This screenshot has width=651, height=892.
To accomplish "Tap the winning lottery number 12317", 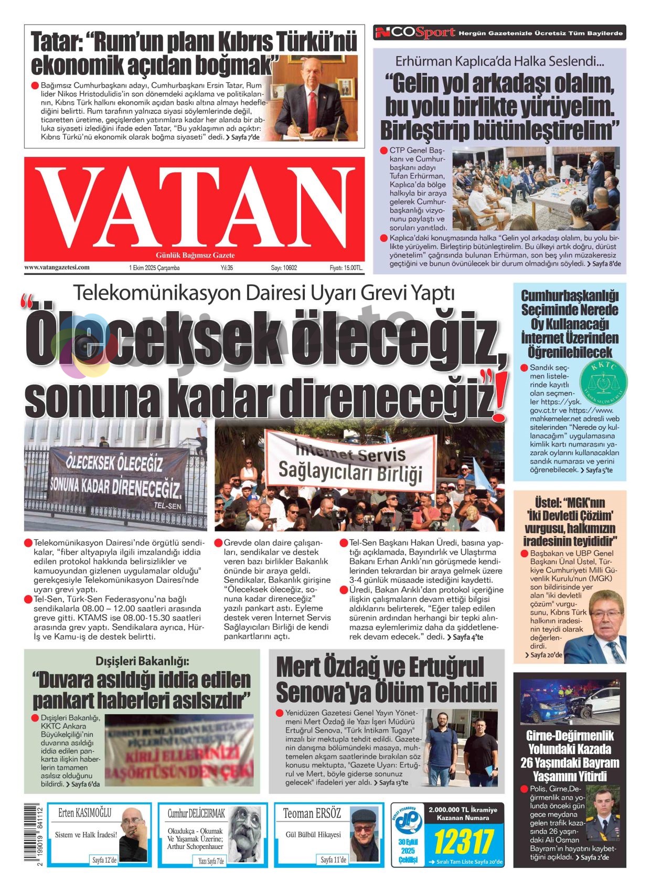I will coord(462,841).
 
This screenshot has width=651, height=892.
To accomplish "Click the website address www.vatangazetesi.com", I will coord(57,267).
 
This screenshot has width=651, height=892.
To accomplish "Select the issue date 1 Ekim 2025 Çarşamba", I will coord(154,268).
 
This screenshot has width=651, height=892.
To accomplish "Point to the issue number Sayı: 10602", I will coord(284,268).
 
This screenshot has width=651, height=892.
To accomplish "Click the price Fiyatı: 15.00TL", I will coord(346,268).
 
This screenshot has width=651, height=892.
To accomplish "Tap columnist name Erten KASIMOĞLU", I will coord(85,813).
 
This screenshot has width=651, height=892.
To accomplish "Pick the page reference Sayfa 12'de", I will coord(104,859).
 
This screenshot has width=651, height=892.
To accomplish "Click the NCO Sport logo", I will coord(414,33).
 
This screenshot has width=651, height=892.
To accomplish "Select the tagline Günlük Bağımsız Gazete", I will coord(195,255).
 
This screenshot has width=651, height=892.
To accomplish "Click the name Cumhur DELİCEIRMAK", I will coord(196,813).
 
